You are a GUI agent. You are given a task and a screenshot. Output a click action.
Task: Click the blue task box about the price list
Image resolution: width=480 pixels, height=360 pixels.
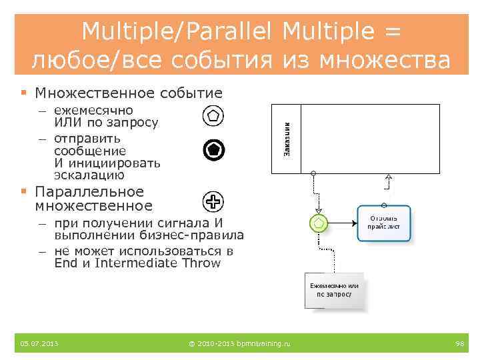coord(384,222)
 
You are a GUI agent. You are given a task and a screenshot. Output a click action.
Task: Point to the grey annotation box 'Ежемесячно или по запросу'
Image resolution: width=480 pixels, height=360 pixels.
coord(335,290)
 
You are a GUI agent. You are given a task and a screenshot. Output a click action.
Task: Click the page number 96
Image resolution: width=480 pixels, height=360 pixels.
coord(459,344)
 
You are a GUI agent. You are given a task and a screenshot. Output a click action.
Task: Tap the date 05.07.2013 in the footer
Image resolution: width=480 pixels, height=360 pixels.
coord(39,344)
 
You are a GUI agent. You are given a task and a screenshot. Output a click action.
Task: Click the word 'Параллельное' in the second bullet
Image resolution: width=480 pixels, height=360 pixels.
coord(89,192)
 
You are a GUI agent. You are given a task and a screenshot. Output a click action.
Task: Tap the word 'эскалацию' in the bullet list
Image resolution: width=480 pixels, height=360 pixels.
coord(89,175)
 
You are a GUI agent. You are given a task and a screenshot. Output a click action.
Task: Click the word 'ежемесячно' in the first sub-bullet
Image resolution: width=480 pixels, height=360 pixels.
coord(93,110)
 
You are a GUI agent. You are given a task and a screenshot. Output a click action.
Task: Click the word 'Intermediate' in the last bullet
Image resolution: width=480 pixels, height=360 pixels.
coord(136,263)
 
